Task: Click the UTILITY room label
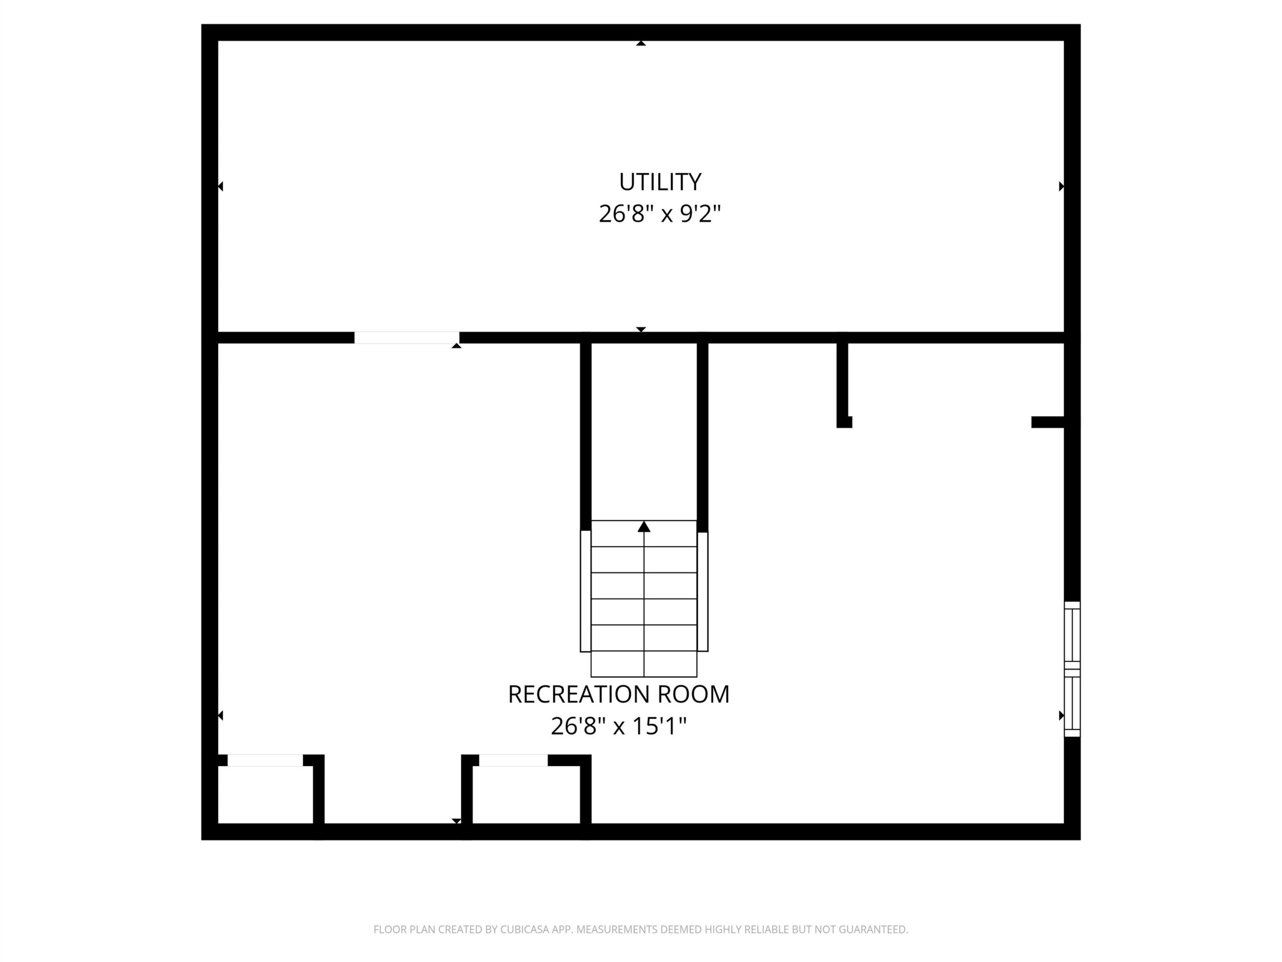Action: [660, 182]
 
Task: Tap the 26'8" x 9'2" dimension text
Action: [660, 214]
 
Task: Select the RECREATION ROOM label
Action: [618, 694]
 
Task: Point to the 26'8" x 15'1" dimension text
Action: [618, 726]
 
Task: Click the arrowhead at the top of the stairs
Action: [644, 527]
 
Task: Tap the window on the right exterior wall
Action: [1072, 669]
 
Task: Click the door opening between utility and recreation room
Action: [407, 338]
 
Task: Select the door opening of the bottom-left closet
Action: [265, 760]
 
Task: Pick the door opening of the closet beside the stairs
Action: [513, 760]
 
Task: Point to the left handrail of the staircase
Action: [585, 591]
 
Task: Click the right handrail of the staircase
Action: [703, 591]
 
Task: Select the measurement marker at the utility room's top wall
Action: [641, 43]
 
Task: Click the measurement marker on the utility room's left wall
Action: [221, 186]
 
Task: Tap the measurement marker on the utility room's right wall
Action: [1061, 186]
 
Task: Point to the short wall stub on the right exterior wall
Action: [1048, 422]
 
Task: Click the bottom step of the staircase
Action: [644, 664]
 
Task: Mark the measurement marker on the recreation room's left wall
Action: [221, 715]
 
